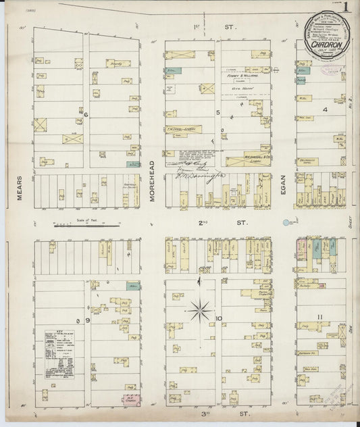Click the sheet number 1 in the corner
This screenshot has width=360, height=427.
click(346, 8)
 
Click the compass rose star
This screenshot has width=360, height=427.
click(199, 311)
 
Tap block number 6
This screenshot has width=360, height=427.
click(86, 115)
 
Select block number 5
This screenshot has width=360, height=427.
click(218, 111)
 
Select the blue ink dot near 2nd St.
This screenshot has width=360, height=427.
click(289, 221)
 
